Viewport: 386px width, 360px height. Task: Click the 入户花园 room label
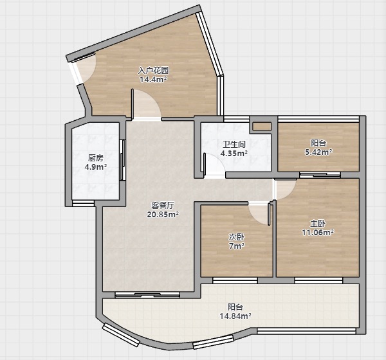pyautogui.click(x=153, y=71)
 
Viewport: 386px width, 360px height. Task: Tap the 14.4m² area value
pyautogui.click(x=153, y=80)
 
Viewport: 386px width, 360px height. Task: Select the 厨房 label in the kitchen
pyautogui.click(x=95, y=158)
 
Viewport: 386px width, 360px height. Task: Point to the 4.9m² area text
pyautogui.click(x=95, y=167)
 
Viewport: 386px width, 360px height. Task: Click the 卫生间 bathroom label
pyautogui.click(x=234, y=144)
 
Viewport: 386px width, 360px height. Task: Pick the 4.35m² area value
pyautogui.click(x=234, y=154)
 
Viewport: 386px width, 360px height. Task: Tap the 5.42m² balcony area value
pyautogui.click(x=318, y=152)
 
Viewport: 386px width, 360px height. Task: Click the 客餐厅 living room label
pyautogui.click(x=163, y=205)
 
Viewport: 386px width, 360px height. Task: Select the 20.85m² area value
pyautogui.click(x=163, y=215)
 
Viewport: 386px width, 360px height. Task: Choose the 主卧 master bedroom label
pyautogui.click(x=318, y=223)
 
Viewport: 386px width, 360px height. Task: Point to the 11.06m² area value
pyautogui.click(x=318, y=232)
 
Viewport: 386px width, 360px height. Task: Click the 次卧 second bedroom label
pyautogui.click(x=237, y=237)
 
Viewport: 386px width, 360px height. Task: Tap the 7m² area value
pyautogui.click(x=237, y=246)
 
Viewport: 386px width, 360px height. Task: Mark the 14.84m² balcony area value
pyautogui.click(x=235, y=316)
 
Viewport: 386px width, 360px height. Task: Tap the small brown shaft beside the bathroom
pyautogui.click(x=262, y=127)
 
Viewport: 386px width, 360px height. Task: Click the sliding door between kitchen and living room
pyautogui.click(x=122, y=160)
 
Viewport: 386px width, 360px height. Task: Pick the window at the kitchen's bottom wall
pyautogui.click(x=83, y=203)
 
